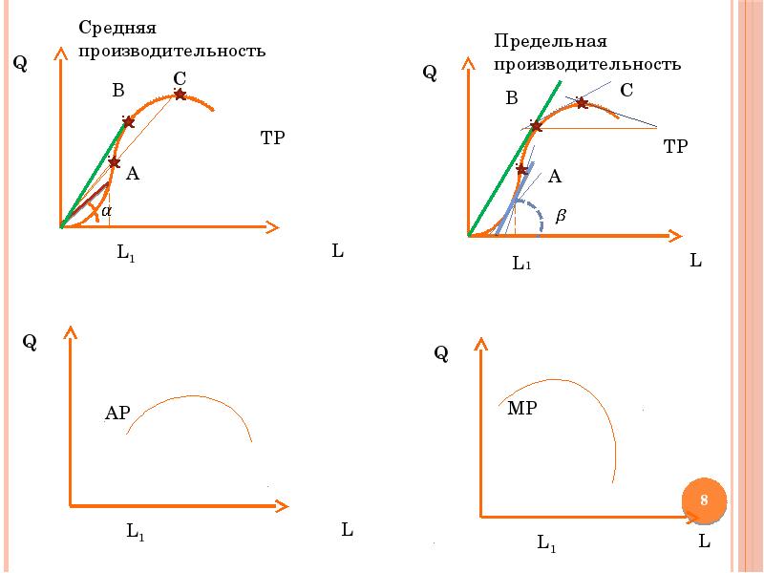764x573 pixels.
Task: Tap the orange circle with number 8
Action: (704, 500)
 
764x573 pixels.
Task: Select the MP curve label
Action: (521, 409)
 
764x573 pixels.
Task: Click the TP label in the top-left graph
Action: (273, 138)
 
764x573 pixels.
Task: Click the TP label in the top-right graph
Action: (675, 146)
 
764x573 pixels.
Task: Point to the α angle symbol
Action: (107, 209)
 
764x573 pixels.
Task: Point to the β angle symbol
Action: (561, 217)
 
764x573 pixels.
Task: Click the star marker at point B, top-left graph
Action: (128, 122)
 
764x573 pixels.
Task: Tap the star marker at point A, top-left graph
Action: (114, 162)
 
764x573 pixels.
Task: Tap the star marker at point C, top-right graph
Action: (581, 102)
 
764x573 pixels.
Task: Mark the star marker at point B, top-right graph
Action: (536, 126)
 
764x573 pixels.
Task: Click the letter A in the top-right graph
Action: (555, 177)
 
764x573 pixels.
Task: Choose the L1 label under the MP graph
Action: (546, 544)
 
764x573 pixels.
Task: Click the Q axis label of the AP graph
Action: (30, 342)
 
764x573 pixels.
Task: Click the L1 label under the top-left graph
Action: (126, 253)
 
